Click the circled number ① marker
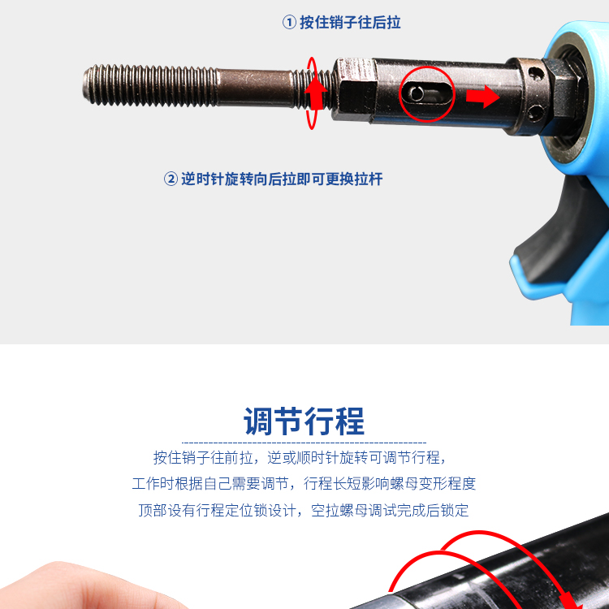(x=289, y=22)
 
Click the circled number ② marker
(x=171, y=179)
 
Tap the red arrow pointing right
(x=482, y=96)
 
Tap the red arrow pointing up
(x=315, y=93)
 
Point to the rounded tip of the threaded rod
(x=86, y=85)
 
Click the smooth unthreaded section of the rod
(x=255, y=87)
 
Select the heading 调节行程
(x=304, y=421)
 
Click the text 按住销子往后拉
(x=350, y=22)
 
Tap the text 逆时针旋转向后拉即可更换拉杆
(x=282, y=179)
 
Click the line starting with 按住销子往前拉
(x=300, y=457)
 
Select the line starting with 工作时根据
(x=304, y=484)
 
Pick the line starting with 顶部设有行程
(x=304, y=510)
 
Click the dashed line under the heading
(x=304, y=443)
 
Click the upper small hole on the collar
(x=537, y=72)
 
